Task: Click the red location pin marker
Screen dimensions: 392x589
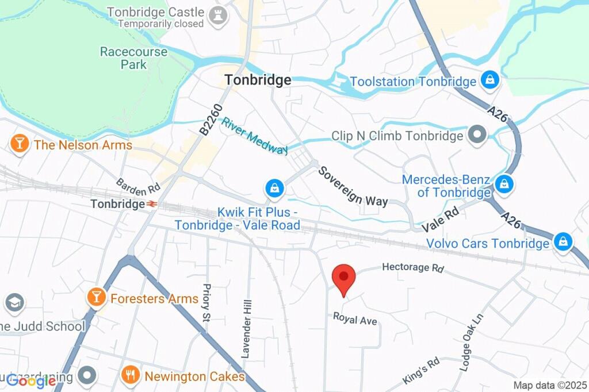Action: (344, 278)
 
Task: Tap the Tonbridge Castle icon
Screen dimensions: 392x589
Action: (217, 17)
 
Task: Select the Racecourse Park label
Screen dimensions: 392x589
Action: (133, 58)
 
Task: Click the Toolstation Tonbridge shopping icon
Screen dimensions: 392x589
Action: (489, 80)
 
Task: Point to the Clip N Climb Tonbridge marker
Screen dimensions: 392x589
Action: (476, 135)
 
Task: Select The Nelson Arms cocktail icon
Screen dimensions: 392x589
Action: (20, 144)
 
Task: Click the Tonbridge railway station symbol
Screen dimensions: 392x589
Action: (152, 204)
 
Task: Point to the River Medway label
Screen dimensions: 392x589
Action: (255, 136)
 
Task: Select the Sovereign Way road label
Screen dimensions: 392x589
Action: (353, 186)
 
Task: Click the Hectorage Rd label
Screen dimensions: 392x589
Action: (413, 268)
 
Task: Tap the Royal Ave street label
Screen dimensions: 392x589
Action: (355, 318)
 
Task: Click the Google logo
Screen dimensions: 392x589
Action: (30, 380)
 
